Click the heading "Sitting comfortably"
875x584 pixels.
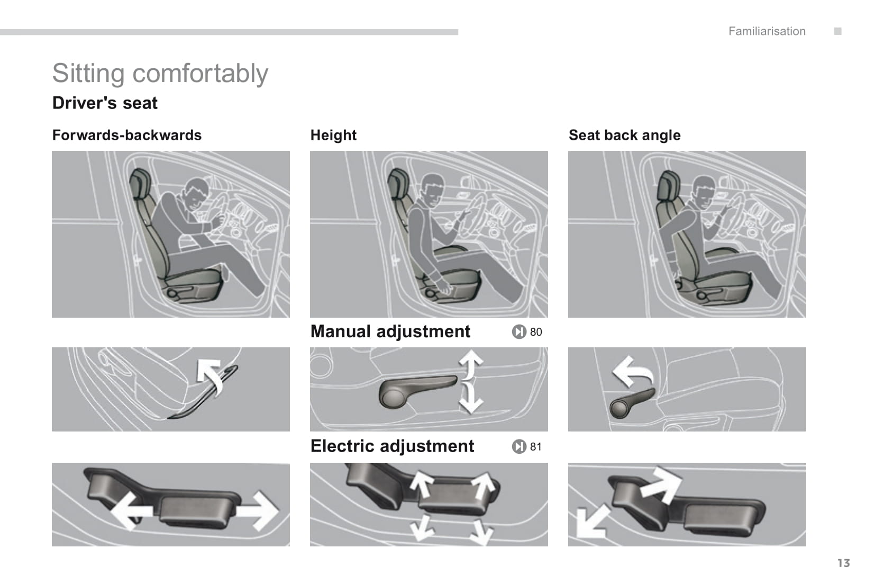pyautogui.click(x=160, y=73)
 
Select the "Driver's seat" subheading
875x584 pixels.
pyautogui.click(x=105, y=103)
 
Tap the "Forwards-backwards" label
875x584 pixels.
pyautogui.click(x=126, y=135)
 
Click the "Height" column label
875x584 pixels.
pyautogui.click(x=333, y=135)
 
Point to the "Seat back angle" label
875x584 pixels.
pyautogui.click(x=624, y=135)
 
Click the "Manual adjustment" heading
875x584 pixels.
pyautogui.click(x=390, y=331)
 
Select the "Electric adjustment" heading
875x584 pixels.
pyautogui.click(x=392, y=446)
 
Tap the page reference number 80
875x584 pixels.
pyautogui.click(x=536, y=332)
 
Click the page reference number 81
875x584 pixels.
pyautogui.click(x=536, y=447)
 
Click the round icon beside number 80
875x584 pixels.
pyautogui.click(x=519, y=332)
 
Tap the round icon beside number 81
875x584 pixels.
pyautogui.click(x=519, y=447)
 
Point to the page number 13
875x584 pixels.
pyautogui.click(x=843, y=563)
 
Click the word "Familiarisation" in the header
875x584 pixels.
pyautogui.click(x=767, y=31)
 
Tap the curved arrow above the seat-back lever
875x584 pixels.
pyautogui.click(x=632, y=371)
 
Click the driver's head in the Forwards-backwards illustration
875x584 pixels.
pyautogui.click(x=196, y=193)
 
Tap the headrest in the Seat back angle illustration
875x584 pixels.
pyautogui.click(x=668, y=185)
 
